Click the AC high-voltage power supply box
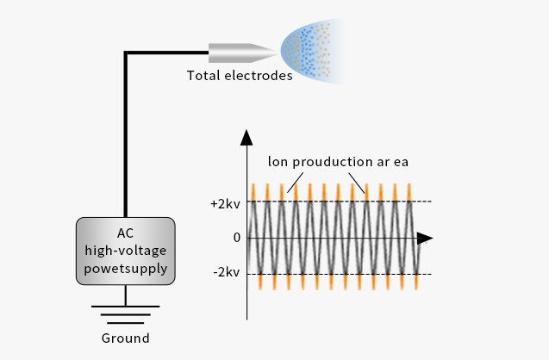(x=126, y=251)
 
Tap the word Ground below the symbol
(x=126, y=338)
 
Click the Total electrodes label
(x=240, y=76)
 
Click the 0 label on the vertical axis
(x=236, y=238)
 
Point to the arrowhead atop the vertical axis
(x=247, y=137)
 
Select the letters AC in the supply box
(x=126, y=233)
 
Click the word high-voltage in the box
(x=126, y=251)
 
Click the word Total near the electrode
(x=203, y=76)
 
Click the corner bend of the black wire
(x=127, y=54)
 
